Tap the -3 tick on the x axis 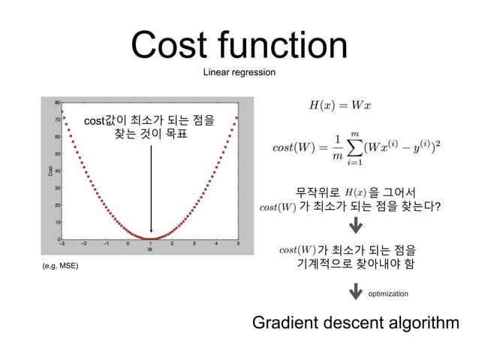tap(62, 244)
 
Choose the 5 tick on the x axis tap(238, 244)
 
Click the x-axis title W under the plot tap(150, 250)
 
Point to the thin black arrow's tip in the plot tap(151, 235)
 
